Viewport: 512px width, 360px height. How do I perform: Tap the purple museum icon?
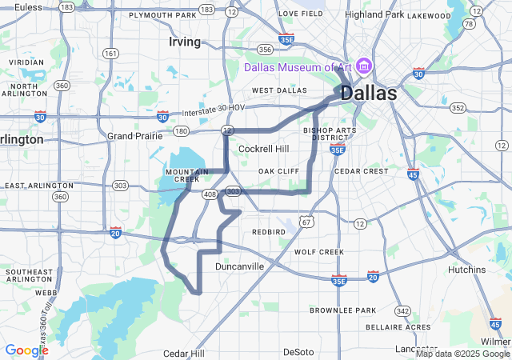click(363, 65)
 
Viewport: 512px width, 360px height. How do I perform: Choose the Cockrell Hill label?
click(264, 149)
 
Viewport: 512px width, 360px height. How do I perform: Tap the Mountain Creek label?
click(186, 174)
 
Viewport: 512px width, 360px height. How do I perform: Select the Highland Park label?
click(374, 14)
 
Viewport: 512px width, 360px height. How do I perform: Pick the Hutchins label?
click(467, 270)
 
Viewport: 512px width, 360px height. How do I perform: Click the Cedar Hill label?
click(184, 353)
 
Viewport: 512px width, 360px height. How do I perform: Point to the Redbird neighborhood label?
click(268, 231)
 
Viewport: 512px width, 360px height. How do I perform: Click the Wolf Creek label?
click(319, 251)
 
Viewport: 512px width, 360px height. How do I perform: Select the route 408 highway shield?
click(210, 194)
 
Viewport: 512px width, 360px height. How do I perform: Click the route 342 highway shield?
click(402, 310)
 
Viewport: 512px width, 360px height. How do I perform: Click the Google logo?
click(26, 350)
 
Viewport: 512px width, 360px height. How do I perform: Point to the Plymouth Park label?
click(162, 15)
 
